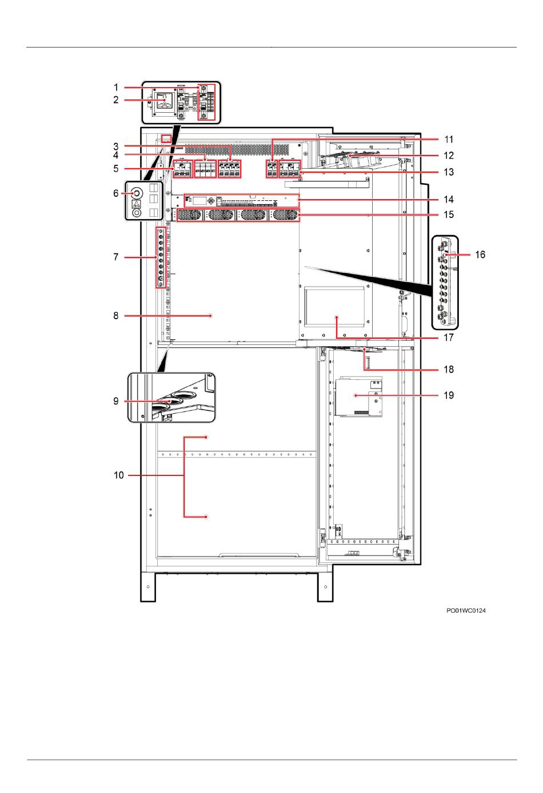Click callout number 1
116,88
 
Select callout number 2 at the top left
116,100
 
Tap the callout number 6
116,193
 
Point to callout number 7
116,257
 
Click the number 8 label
116,315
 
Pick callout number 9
116,401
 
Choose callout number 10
119,475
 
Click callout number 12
449,155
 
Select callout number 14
449,199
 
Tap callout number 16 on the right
480,254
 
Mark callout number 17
449,338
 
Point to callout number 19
449,395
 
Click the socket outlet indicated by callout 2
165,102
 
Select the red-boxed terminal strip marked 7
161,257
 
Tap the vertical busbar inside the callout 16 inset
444,282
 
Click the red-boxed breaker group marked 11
271,170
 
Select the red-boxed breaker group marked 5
181,171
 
